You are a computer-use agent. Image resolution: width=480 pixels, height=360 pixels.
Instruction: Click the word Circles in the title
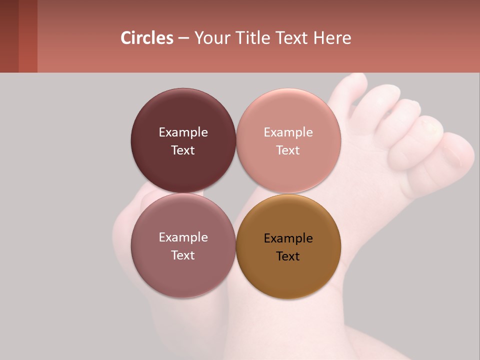147,38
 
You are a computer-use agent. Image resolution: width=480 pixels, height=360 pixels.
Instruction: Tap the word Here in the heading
332,38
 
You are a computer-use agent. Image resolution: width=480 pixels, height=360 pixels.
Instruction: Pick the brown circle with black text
288,275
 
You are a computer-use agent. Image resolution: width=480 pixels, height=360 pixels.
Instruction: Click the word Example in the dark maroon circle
183,132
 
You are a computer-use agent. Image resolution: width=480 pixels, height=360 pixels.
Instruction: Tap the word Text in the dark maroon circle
183,150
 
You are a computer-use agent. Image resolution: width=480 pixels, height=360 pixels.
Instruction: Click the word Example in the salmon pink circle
288,132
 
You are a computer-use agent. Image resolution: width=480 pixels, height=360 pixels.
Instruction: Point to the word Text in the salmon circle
288,150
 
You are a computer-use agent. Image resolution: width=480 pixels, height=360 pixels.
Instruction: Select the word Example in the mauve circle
183,237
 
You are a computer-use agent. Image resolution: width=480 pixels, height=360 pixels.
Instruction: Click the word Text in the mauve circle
183,255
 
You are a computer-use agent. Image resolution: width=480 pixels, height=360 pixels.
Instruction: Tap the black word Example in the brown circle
288,238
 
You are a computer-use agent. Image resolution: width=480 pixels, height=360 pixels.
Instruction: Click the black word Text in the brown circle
288,256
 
